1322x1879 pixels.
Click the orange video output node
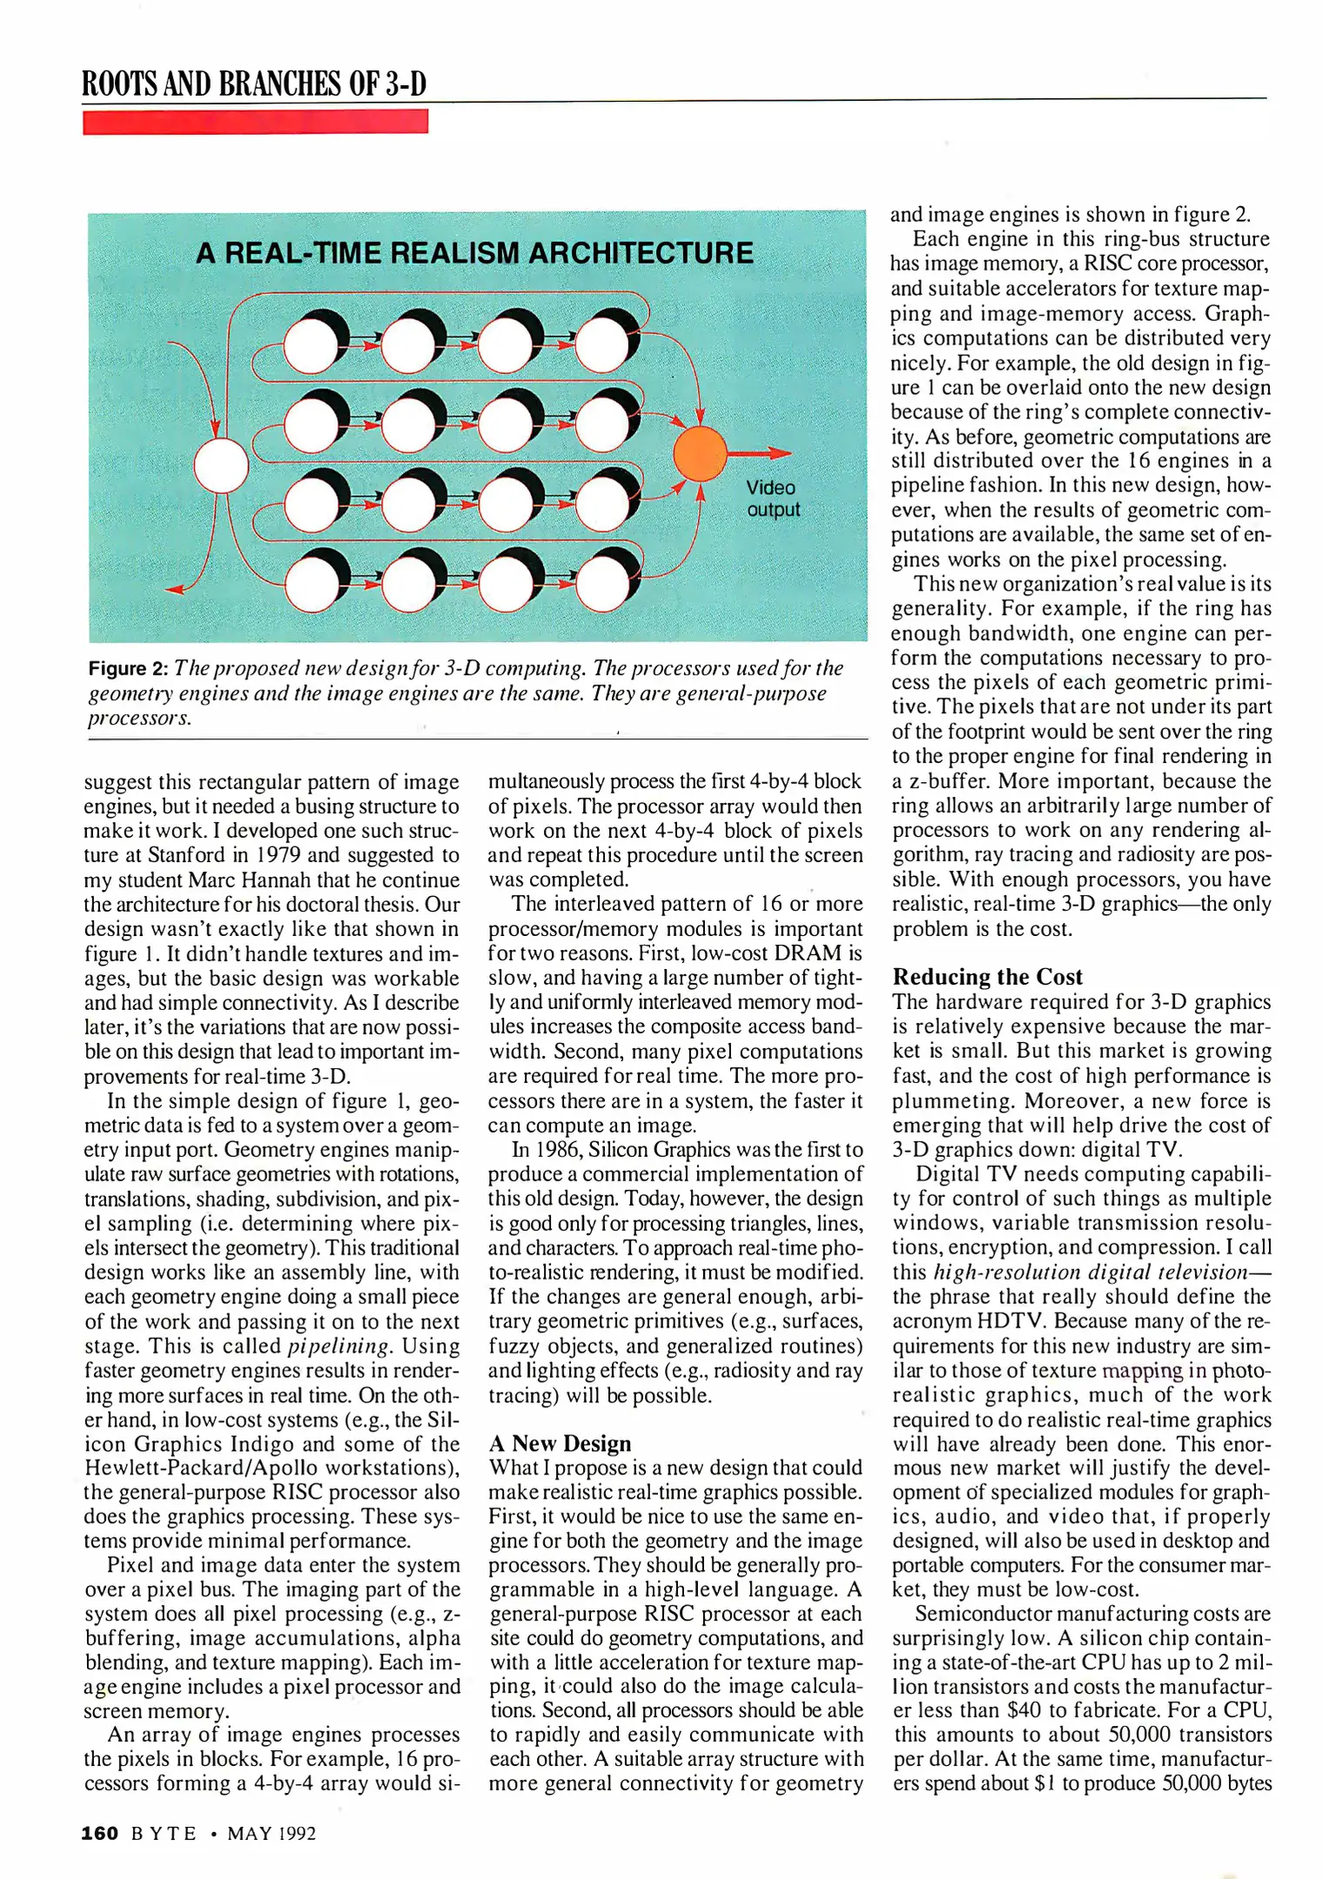coord(700,454)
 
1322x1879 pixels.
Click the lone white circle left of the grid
coord(221,465)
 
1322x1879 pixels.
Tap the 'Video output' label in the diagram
coord(772,498)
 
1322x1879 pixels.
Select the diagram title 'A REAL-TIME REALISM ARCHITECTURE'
coord(474,253)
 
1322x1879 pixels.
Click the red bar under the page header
coord(255,122)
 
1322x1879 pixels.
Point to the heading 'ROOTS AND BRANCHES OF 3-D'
coord(254,84)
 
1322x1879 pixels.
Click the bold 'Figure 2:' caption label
coord(128,669)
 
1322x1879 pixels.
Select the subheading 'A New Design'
coord(560,1443)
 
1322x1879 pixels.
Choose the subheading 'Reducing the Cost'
coord(987,977)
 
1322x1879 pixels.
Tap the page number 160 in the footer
coord(99,1834)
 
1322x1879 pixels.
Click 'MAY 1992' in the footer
coord(272,1834)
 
